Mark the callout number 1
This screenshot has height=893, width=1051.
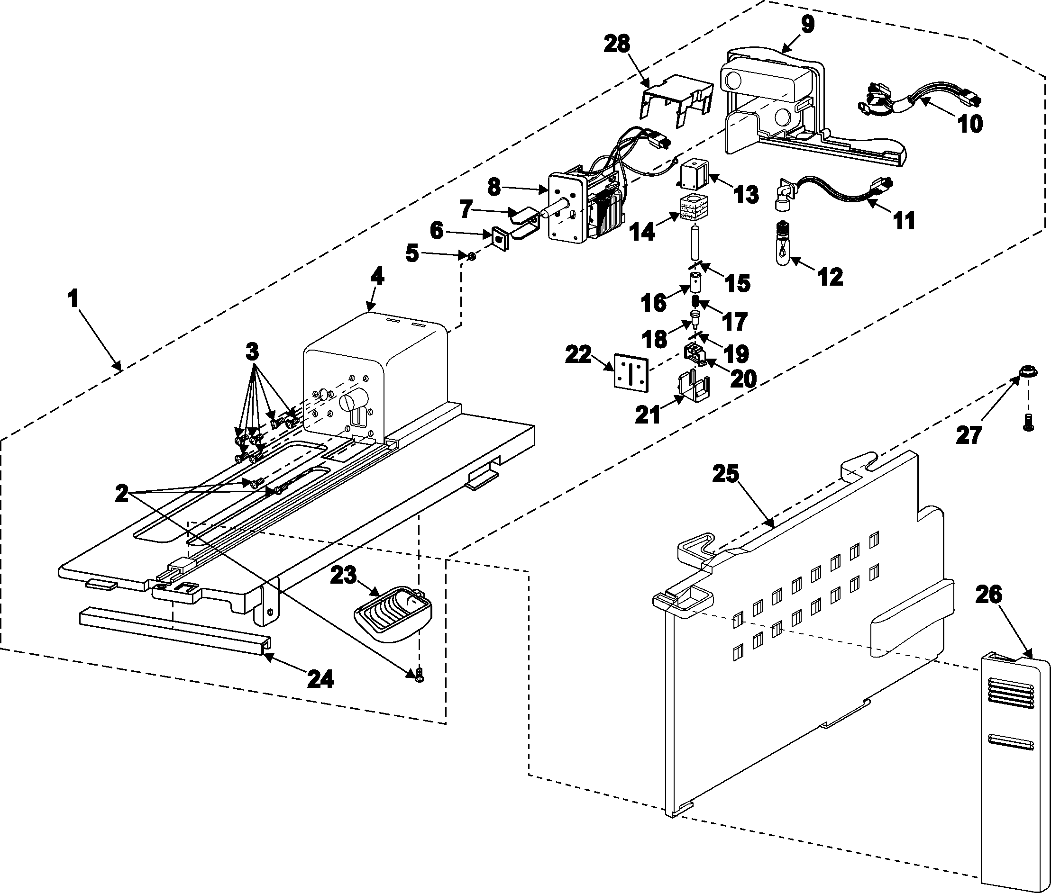pos(74,298)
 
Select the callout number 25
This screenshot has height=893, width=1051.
pos(726,474)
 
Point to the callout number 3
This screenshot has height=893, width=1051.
pos(252,350)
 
